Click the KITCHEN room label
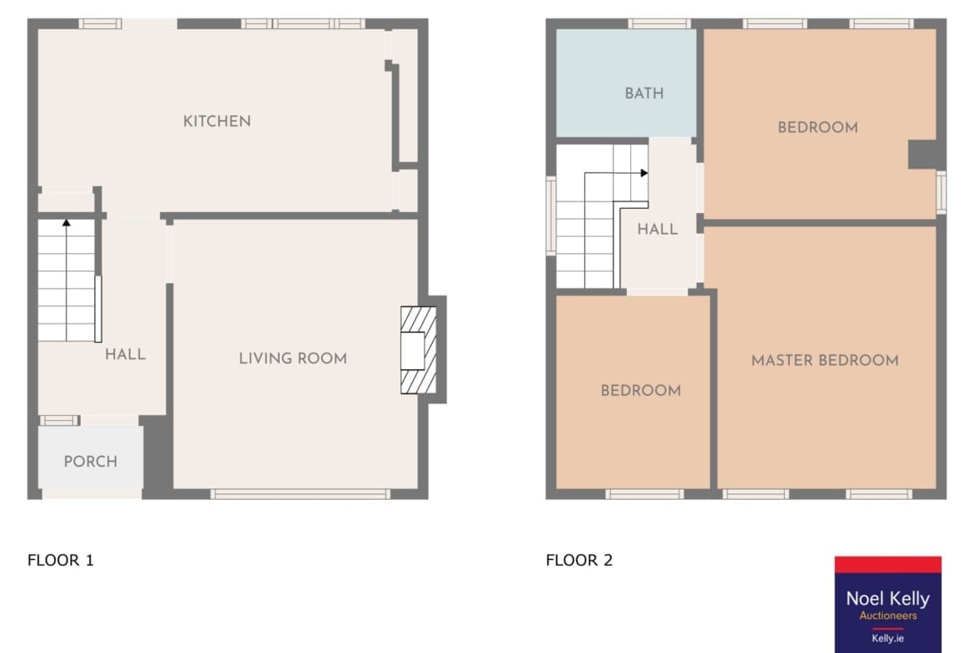216,121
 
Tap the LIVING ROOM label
293,359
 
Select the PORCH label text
91,461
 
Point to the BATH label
644,93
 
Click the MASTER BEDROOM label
825,360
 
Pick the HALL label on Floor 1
125,354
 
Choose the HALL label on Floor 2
657,229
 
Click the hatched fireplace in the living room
418,350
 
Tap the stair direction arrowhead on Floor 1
67,222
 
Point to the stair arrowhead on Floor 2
645,173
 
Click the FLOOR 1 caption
60,560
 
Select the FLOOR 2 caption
579,560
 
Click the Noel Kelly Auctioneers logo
887,604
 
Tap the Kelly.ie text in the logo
887,638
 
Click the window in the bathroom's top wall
659,23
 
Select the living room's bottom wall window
301,494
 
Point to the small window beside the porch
60,420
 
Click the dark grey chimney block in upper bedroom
922,155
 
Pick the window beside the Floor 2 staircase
550,216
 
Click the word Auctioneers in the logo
887,616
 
